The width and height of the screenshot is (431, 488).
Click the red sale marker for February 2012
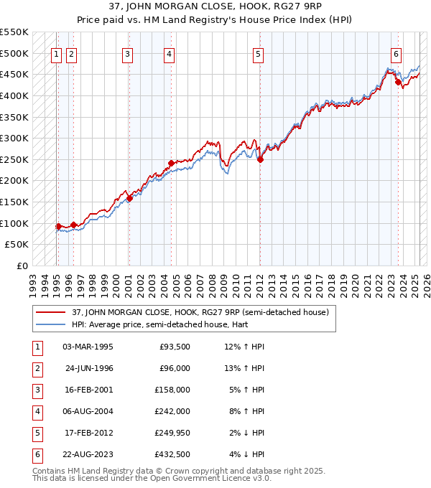coord(260,160)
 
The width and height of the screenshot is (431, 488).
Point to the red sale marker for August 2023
coord(398,82)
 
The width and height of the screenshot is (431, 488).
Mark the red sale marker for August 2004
coord(171,163)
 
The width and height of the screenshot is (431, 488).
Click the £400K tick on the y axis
coord(14,95)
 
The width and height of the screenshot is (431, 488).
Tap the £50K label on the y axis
coord(17,245)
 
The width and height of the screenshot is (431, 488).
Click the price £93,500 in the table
coord(175,347)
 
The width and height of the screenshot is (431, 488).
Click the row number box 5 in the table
coord(37,433)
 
